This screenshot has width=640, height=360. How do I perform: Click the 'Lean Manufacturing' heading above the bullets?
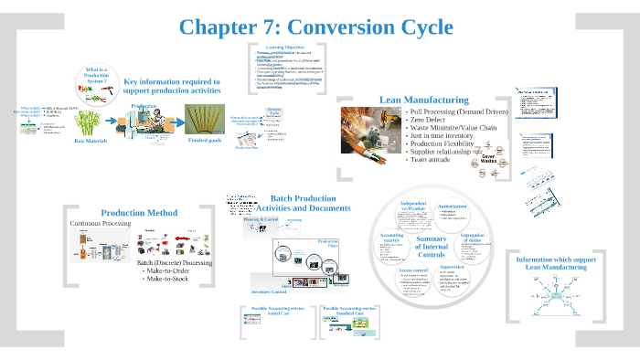pos(423,100)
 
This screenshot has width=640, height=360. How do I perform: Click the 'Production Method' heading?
pos(139,213)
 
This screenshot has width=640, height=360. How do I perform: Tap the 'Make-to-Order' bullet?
pos(170,272)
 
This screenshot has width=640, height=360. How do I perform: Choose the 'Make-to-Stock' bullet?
pos(170,281)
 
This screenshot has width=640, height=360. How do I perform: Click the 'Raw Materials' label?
pos(92,142)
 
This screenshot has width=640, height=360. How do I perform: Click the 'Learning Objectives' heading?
pos(287,47)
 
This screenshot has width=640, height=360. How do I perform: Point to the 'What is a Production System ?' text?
pos(100,74)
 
